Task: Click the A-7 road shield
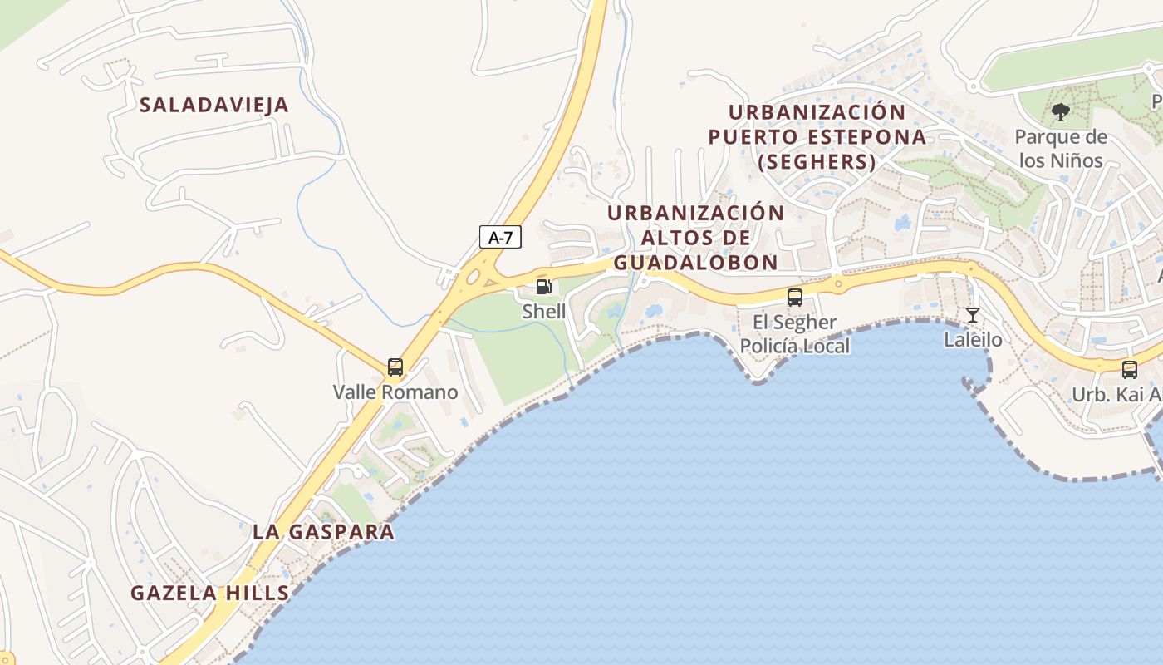pos(500,237)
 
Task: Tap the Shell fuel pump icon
pos(543,287)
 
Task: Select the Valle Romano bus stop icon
pos(395,367)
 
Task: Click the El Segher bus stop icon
pos(795,297)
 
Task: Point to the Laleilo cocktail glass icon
pos(973,315)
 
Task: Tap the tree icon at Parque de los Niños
pos(1060,111)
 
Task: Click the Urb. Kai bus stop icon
pos(1130,369)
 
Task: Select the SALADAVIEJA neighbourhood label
pos(214,105)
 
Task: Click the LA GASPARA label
pos(323,532)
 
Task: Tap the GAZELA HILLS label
pos(210,594)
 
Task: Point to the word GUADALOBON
pos(695,263)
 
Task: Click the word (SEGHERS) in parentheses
pos(817,162)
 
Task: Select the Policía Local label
pos(795,346)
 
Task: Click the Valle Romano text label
pos(395,392)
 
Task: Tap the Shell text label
pos(543,312)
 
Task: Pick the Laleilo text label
pos(973,340)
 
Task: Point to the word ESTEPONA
pos(863,136)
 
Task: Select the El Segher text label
pos(795,322)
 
